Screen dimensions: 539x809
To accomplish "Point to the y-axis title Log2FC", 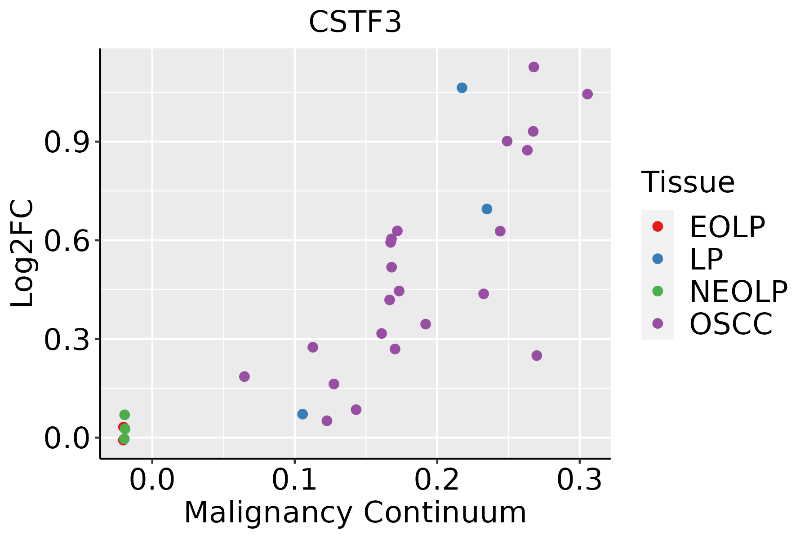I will click(x=22, y=254).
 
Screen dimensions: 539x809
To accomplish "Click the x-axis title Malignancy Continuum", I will click(x=355, y=513).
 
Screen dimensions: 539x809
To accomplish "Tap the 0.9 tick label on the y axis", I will click(x=67, y=142).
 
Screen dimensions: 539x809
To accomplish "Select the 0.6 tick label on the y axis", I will click(x=67, y=241).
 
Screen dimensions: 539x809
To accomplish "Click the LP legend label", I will click(x=706, y=259).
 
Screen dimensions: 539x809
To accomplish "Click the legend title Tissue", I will click(x=688, y=182).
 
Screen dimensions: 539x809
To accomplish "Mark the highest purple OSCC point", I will click(x=533, y=67).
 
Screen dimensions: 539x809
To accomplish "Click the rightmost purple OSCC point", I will click(x=587, y=94).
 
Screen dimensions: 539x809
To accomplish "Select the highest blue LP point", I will click(x=462, y=88).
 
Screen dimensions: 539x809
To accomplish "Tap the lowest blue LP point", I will click(x=302, y=414).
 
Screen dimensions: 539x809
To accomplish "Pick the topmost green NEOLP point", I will click(x=124, y=415).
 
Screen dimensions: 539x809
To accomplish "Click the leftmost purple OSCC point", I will click(x=244, y=376).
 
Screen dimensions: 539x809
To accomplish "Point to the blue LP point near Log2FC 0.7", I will click(x=487, y=209).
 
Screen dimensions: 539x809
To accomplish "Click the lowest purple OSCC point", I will click(x=327, y=421).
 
